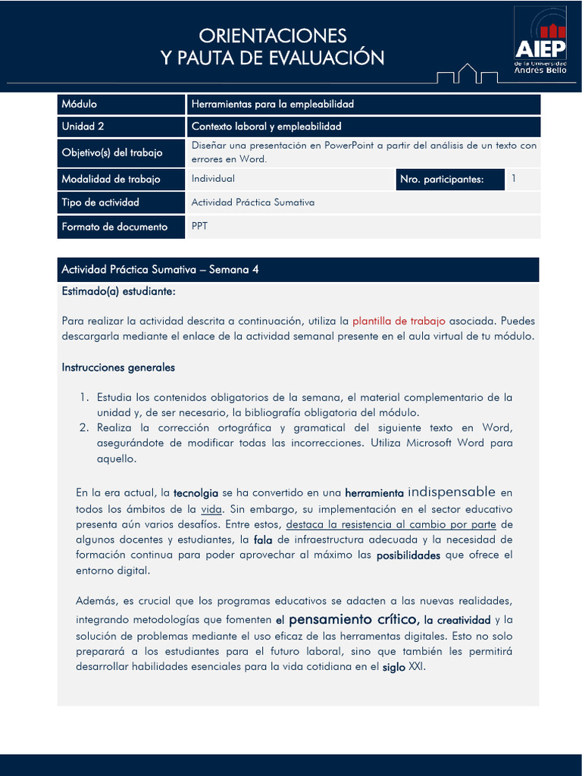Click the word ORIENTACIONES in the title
pos(273,36)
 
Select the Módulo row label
pos(80,104)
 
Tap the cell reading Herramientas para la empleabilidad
pos(273,104)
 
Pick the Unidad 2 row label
pos(83,127)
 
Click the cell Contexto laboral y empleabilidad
pos(267,127)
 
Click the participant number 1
pos(514,179)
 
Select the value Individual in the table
pos(213,179)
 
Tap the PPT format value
pos(199,225)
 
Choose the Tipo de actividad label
pos(100,202)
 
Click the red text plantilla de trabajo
pos(399,321)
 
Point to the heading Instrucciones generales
pos(118,368)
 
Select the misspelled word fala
pos(263,540)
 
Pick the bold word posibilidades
pos(408,555)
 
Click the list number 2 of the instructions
pos(85,427)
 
